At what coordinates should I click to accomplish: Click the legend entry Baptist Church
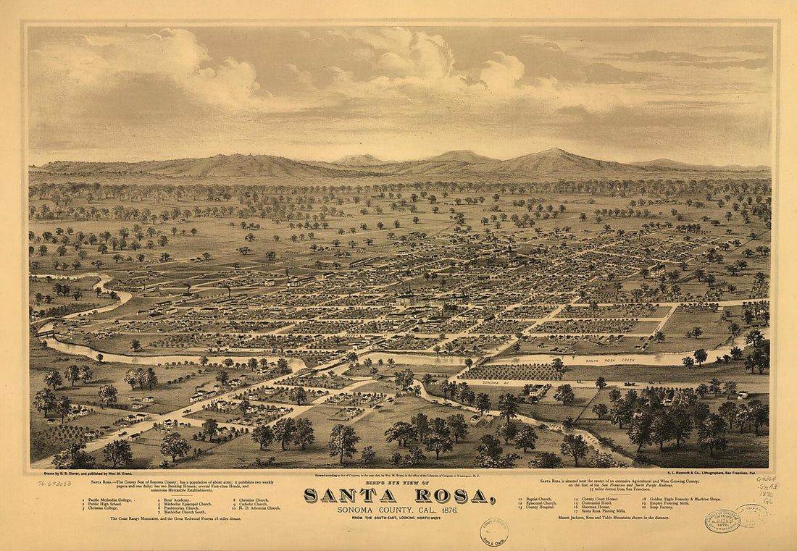(535, 499)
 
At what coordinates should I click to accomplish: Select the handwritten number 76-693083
(54, 483)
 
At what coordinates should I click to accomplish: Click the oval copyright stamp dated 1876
(722, 520)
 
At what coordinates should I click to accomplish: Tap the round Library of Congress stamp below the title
(494, 531)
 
